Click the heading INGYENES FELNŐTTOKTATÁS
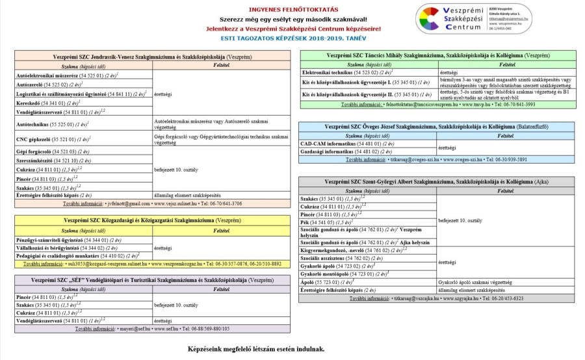click(x=294, y=10)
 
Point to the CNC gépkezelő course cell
click(x=51, y=140)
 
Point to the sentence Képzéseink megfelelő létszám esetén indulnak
click(x=255, y=348)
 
